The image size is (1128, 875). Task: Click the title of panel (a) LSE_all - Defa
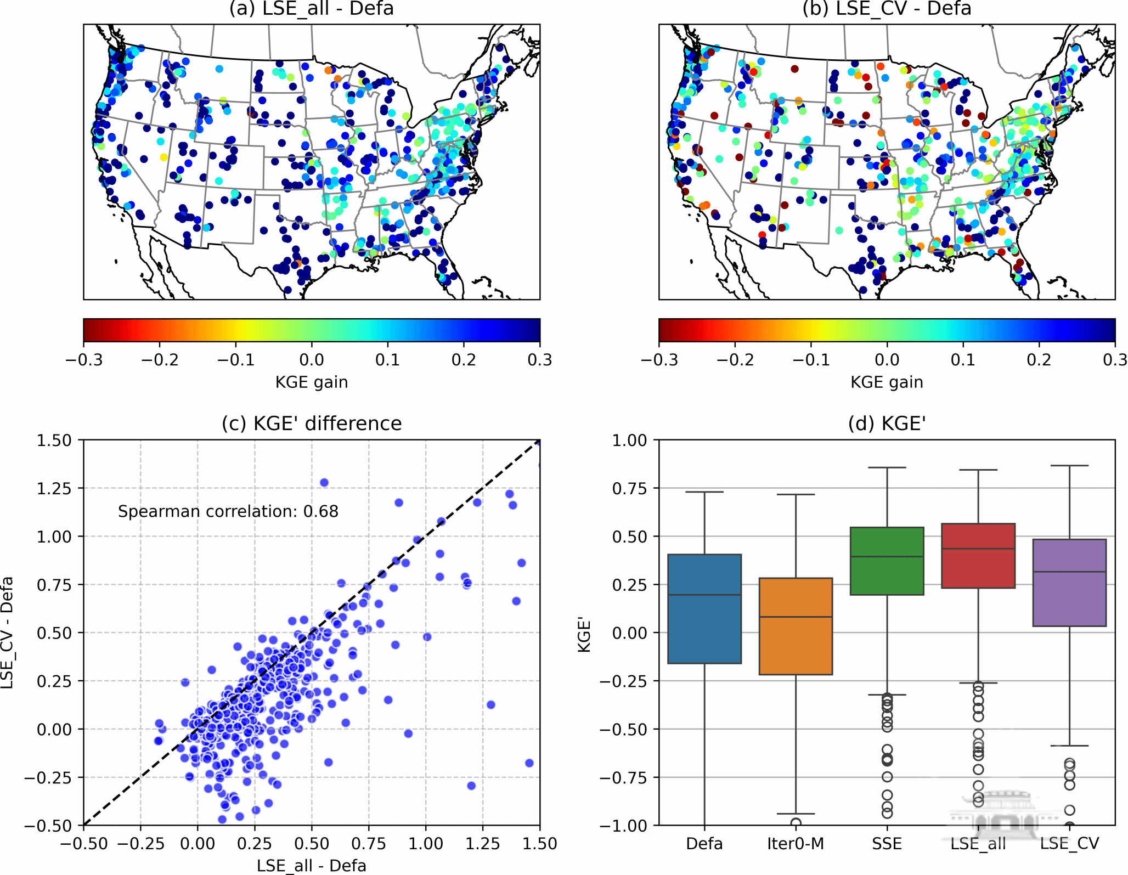311,9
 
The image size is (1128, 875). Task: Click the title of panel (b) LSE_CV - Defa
887,9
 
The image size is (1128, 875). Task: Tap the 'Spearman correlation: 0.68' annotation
228,511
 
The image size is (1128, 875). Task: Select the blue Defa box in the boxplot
704,609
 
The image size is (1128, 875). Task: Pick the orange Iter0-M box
796,626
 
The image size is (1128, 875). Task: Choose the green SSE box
887,561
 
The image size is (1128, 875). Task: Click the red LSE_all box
978,556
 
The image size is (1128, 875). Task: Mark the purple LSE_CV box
1069,583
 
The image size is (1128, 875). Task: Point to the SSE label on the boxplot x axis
887,843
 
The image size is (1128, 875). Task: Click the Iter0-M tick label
796,843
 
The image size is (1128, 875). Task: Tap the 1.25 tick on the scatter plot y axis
54,488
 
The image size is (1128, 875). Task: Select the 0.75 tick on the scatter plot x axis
369,843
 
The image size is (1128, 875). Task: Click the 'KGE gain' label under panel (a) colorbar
311,382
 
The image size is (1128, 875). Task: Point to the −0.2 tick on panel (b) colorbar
735,360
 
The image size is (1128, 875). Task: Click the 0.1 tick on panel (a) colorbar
388,360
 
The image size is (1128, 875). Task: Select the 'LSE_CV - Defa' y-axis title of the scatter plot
8,633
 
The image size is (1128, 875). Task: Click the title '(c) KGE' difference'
311,424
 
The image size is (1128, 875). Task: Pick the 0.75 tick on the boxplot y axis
629,488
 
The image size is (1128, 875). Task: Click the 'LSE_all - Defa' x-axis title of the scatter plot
311,865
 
